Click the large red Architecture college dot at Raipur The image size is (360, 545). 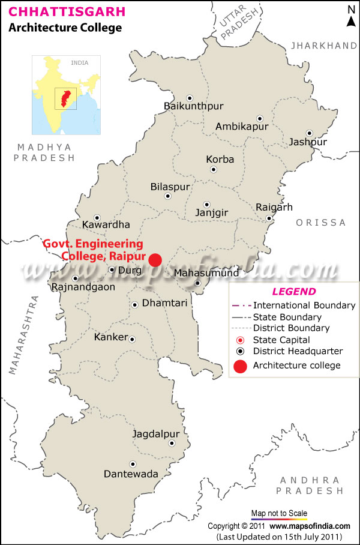[x=155, y=259]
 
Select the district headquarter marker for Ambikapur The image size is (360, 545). [x=260, y=118]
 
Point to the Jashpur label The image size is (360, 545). [x=308, y=142]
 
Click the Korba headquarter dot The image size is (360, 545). [x=214, y=169]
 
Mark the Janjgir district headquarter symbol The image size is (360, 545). [x=206, y=204]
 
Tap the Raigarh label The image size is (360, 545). [x=274, y=207]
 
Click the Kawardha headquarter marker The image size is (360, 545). [x=97, y=218]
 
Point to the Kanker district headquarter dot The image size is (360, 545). [x=133, y=339]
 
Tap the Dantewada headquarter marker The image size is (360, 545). [x=133, y=464]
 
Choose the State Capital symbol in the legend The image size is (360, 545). [x=240, y=340]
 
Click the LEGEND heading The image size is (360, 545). [x=294, y=292]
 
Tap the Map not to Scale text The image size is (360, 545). [x=279, y=513]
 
